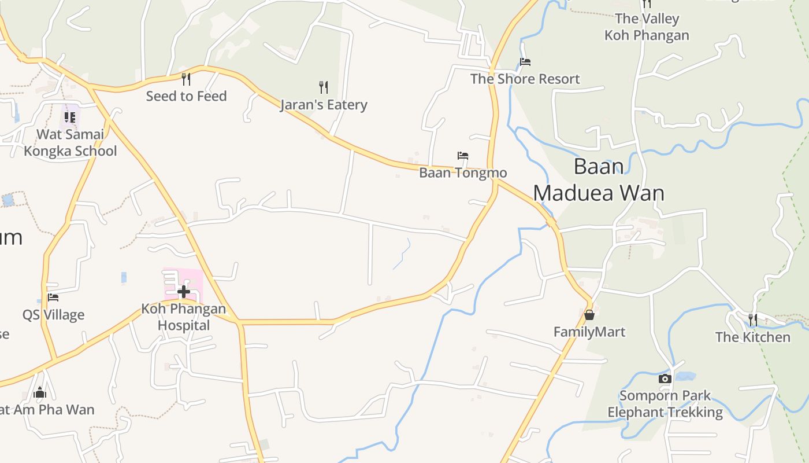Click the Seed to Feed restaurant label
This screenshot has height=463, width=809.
pos(186,96)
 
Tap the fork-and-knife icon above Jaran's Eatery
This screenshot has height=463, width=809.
pos(324,87)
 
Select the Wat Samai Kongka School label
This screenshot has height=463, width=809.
pos(70,142)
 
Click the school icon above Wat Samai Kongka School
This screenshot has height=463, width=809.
pos(70,117)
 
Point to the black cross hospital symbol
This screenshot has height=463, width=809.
pos(184,291)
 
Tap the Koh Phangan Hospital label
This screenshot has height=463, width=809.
pos(184,317)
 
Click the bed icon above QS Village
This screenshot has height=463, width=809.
pos(53,297)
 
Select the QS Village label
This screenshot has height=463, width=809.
pos(53,315)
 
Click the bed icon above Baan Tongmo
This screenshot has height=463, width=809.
pos(463,156)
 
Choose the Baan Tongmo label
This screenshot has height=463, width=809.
pos(463,172)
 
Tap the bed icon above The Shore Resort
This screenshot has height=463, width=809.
pos(525,62)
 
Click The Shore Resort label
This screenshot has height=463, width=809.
pos(525,79)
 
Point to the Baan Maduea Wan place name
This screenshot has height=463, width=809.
pos(599,179)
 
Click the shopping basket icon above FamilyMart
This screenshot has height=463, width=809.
pos(589,315)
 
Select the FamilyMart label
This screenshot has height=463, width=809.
pos(589,332)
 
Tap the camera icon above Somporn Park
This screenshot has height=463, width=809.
pos(665,379)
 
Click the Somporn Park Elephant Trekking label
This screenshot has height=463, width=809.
pos(665,404)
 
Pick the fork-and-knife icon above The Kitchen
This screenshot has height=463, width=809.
pos(752,319)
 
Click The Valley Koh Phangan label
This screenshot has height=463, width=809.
pos(647,27)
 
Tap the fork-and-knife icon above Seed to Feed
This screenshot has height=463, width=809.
pos(186,79)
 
